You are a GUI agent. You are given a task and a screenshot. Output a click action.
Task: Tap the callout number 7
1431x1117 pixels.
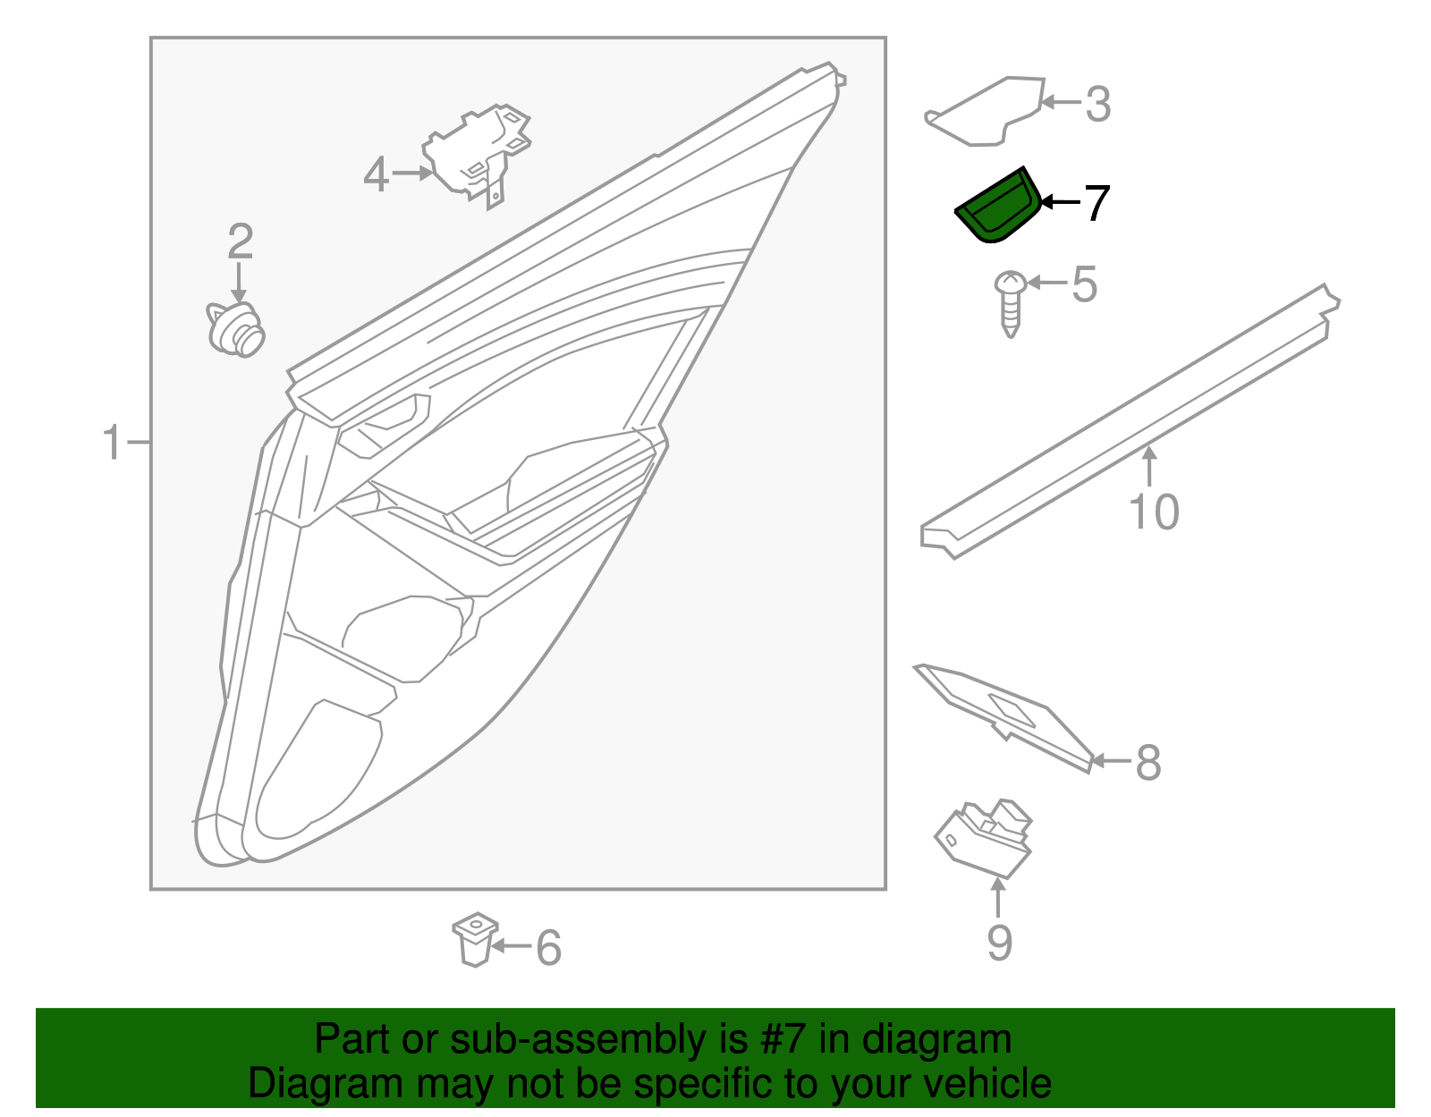[1096, 203]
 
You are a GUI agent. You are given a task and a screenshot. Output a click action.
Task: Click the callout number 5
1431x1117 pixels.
[1084, 284]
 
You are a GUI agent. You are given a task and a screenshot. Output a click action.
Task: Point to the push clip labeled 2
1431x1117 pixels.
[237, 329]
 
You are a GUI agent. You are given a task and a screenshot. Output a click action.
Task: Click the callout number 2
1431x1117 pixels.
[240, 241]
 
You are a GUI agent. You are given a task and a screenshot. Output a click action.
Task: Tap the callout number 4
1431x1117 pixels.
[376, 174]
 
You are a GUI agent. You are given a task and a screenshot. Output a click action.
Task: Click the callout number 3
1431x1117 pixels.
[1097, 105]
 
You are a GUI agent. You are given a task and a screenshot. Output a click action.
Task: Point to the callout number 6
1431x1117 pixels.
[548, 948]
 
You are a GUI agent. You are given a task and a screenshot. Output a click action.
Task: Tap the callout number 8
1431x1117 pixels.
[1147, 763]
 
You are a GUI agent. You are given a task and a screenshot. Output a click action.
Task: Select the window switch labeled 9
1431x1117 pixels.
[985, 836]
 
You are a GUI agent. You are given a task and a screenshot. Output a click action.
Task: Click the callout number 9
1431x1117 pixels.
[999, 943]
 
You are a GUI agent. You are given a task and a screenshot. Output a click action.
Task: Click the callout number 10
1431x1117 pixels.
[1154, 512]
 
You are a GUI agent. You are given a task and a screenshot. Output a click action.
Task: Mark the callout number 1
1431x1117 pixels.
[112, 443]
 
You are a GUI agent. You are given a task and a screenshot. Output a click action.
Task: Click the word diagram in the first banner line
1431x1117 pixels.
[936, 1039]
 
